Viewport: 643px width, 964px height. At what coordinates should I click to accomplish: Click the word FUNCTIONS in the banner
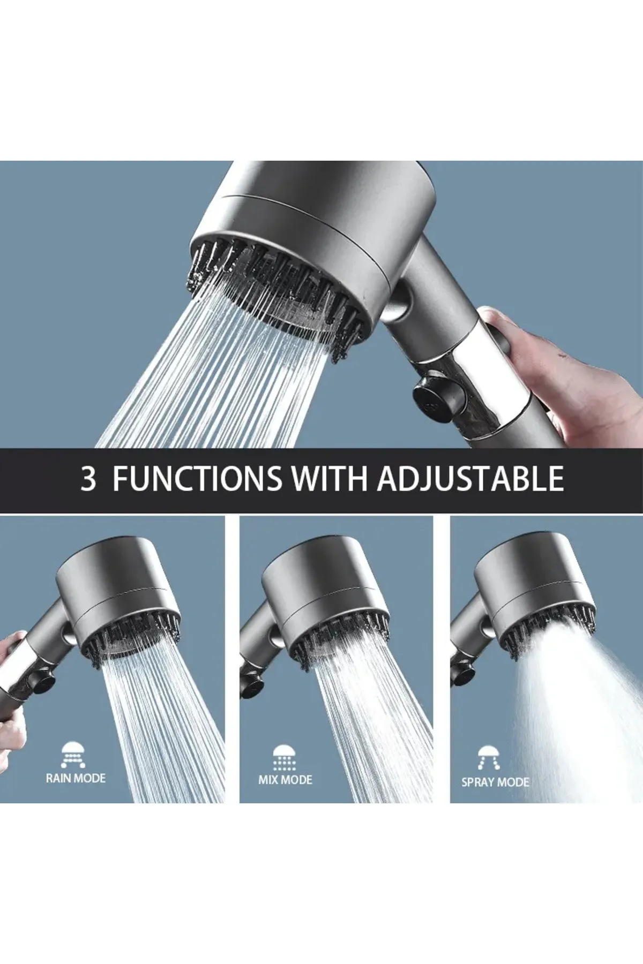pos(197,478)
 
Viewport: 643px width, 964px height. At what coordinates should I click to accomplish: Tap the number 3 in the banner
pos(88,479)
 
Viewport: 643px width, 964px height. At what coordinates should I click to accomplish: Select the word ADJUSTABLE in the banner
pos(470,478)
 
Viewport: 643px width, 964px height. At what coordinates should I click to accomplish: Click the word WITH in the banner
pos(329,478)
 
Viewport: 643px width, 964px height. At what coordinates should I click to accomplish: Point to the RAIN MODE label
pos(76,778)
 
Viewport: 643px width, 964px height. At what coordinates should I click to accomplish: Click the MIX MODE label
pos(285,780)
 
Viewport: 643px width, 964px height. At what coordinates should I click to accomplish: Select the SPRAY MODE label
pos(495,782)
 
